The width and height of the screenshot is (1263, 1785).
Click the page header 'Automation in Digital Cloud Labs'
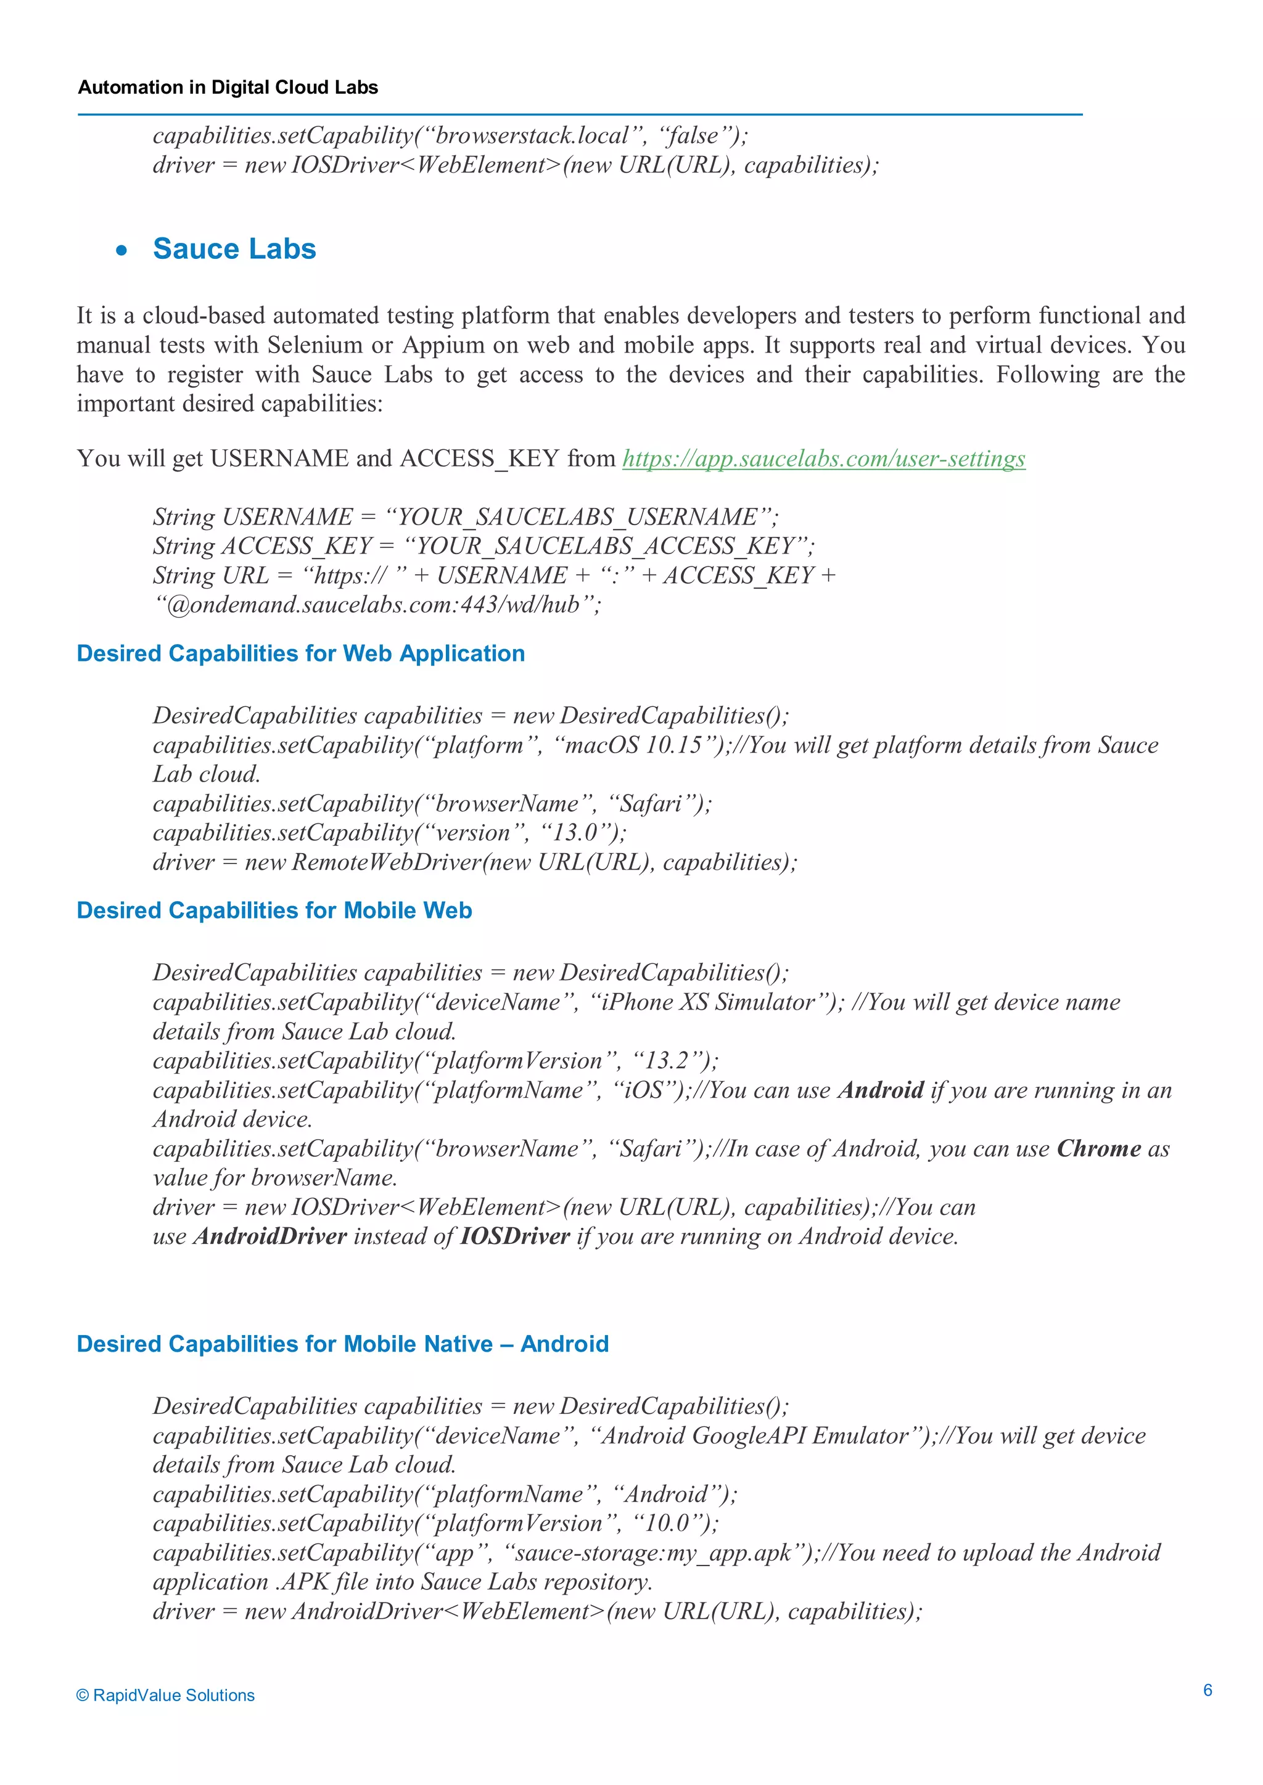[228, 87]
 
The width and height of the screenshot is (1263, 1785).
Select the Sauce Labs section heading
[234, 249]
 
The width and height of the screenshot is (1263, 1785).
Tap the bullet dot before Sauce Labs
[121, 251]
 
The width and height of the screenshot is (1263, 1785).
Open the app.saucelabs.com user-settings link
[823, 459]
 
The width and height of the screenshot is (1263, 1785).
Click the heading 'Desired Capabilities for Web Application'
[300, 653]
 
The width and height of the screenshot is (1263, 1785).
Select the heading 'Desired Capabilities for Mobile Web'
[274, 910]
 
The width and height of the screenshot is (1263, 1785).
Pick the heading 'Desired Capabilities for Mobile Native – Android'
[342, 1344]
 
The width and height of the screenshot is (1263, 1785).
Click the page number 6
[1207, 1689]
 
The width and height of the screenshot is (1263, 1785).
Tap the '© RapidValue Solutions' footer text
[166, 1695]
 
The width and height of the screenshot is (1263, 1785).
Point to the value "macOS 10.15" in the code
[635, 745]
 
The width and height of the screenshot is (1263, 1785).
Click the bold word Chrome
[1098, 1148]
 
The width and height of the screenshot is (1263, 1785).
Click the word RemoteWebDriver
[387, 862]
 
